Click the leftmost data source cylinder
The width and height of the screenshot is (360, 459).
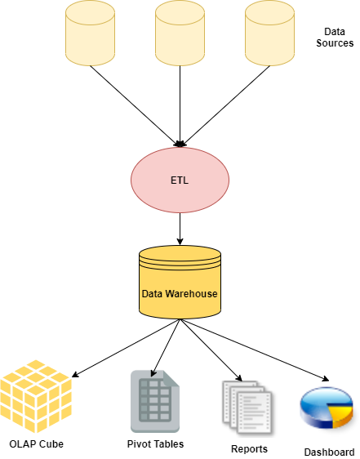[90, 33]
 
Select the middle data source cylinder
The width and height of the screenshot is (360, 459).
[180, 33]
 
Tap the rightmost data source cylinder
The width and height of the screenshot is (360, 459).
[269, 33]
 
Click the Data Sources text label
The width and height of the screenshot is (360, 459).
[335, 38]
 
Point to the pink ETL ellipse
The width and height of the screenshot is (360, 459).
[180, 180]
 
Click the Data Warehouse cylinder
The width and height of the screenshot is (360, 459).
[180, 283]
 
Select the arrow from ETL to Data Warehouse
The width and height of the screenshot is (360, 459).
[180, 229]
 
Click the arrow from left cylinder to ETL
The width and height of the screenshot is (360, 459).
[135, 106]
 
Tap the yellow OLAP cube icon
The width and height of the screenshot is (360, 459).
[36, 396]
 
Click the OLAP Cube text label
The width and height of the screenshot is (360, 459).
[36, 444]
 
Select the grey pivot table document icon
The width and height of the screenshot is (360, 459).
[155, 401]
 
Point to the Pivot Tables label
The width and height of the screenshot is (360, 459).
[155, 444]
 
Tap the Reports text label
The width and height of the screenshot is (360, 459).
[249, 449]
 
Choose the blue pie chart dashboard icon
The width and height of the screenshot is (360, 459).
[327, 408]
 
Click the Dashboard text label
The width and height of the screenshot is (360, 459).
[329, 452]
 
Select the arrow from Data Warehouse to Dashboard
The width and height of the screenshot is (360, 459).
[255, 350]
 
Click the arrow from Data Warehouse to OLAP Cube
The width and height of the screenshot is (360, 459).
[126, 348]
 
